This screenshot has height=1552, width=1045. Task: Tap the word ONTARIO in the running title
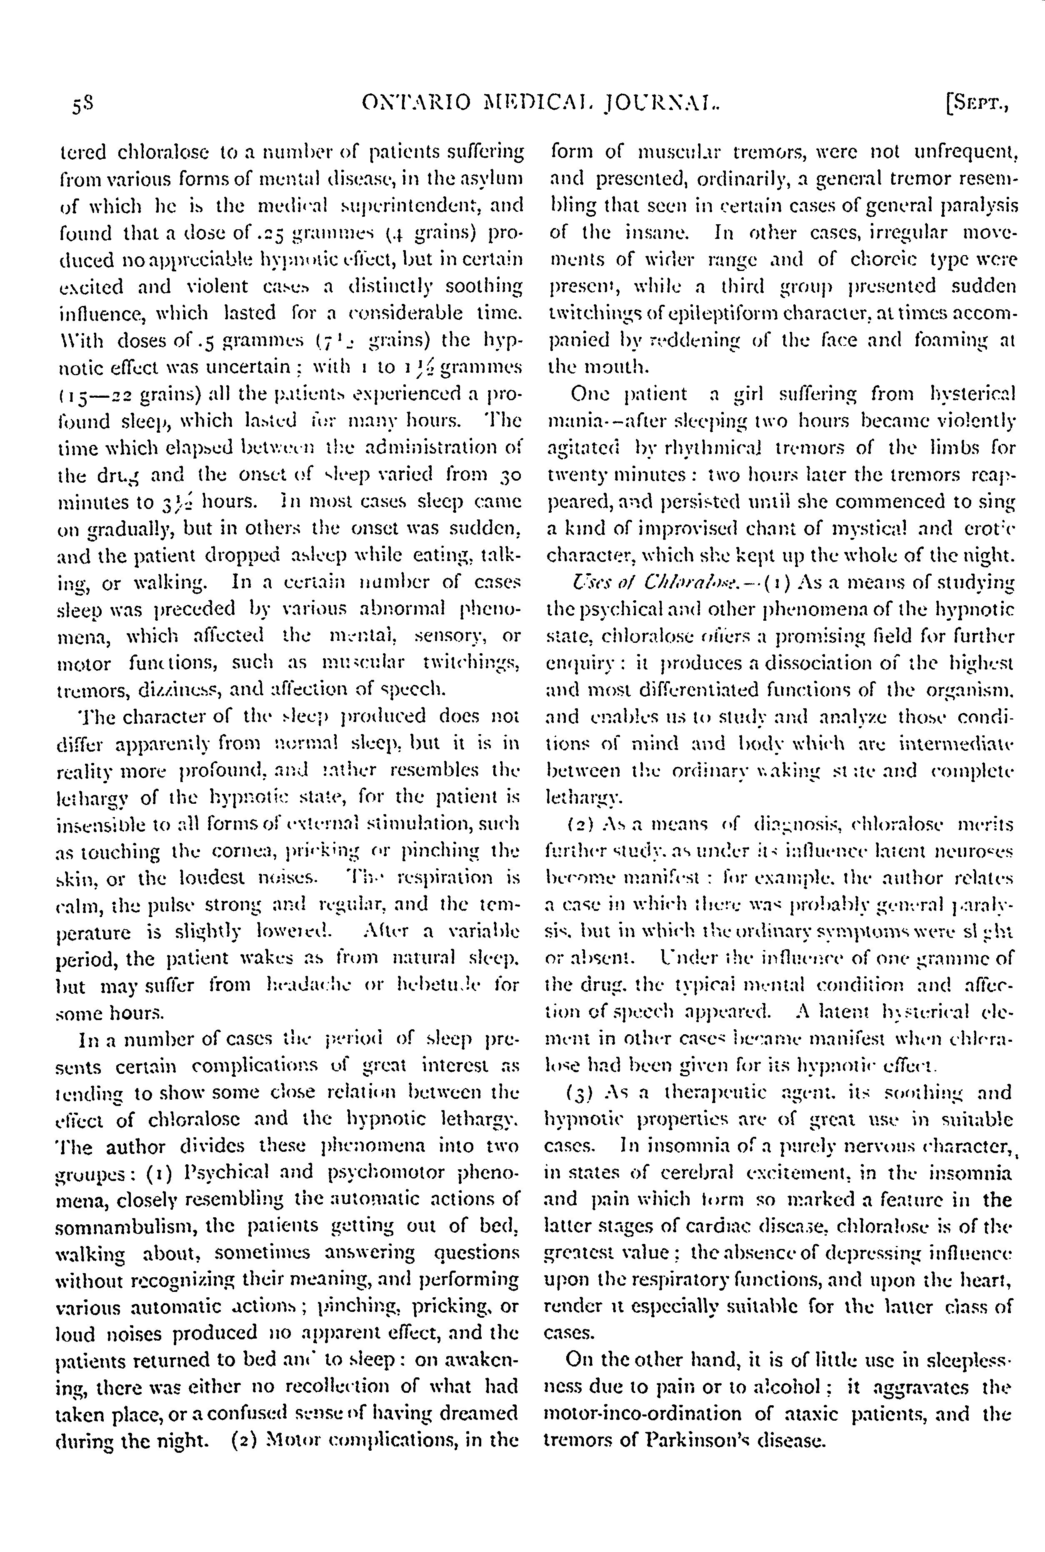(x=417, y=103)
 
